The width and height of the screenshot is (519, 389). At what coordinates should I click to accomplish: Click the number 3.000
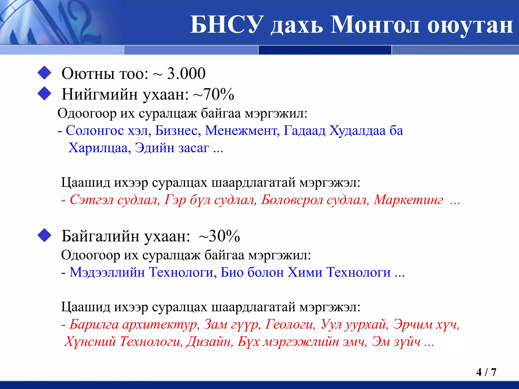coord(186,74)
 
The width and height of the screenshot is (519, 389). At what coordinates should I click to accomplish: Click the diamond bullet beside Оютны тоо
coord(44,73)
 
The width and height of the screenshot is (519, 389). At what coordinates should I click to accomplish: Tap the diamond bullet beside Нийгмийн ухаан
coord(44,94)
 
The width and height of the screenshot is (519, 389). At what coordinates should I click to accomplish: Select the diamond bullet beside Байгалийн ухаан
coord(44,235)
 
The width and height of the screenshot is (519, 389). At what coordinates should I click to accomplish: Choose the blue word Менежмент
coord(242,131)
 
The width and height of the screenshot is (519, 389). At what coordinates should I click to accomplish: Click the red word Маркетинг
coord(409,200)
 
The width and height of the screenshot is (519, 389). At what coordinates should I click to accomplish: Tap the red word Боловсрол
coord(292,200)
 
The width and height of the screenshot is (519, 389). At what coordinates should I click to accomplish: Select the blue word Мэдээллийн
coord(107,273)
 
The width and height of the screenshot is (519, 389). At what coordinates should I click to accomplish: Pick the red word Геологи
coord(290,324)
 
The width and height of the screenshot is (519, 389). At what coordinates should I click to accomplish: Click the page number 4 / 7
coord(486,372)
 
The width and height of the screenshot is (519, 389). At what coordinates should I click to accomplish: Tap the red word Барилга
coord(94,324)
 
